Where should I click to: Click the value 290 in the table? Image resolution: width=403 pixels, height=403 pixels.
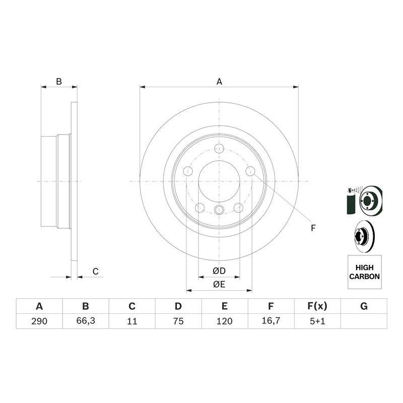39,321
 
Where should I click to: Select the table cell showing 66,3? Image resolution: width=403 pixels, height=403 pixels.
86,321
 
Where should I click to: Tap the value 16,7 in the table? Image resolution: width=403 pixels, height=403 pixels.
271,321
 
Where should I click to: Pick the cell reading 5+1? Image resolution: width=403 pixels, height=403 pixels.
317,321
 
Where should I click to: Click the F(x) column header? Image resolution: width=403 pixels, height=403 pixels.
317,306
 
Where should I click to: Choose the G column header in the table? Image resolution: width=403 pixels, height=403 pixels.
364,306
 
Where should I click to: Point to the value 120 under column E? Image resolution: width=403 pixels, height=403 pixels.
225,321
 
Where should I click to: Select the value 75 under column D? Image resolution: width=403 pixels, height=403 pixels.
178,321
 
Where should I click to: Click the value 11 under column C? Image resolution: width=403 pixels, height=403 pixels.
132,321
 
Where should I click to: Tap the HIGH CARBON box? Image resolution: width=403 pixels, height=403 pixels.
364,272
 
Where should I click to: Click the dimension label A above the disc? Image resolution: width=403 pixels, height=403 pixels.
219,81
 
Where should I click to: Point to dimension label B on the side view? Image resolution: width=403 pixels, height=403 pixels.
59,81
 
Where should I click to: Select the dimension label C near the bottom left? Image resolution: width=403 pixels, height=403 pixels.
95,272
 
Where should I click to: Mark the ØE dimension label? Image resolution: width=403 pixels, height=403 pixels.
219,285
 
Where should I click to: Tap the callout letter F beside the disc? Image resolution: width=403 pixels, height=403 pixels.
313,228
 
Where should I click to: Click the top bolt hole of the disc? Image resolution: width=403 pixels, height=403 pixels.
219,149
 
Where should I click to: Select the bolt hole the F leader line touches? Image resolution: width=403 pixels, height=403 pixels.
250,172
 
